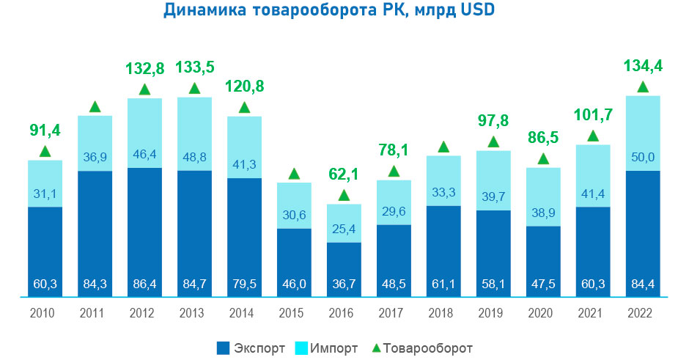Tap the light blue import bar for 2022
[x=643, y=132]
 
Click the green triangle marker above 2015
[x=294, y=175]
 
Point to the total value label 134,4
[x=643, y=67]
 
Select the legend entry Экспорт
[x=251, y=347]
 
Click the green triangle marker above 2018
[x=443, y=147]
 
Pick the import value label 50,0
[x=643, y=156]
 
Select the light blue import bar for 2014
[x=244, y=147]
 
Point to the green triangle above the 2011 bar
[x=95, y=108]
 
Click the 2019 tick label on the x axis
[x=493, y=313]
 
